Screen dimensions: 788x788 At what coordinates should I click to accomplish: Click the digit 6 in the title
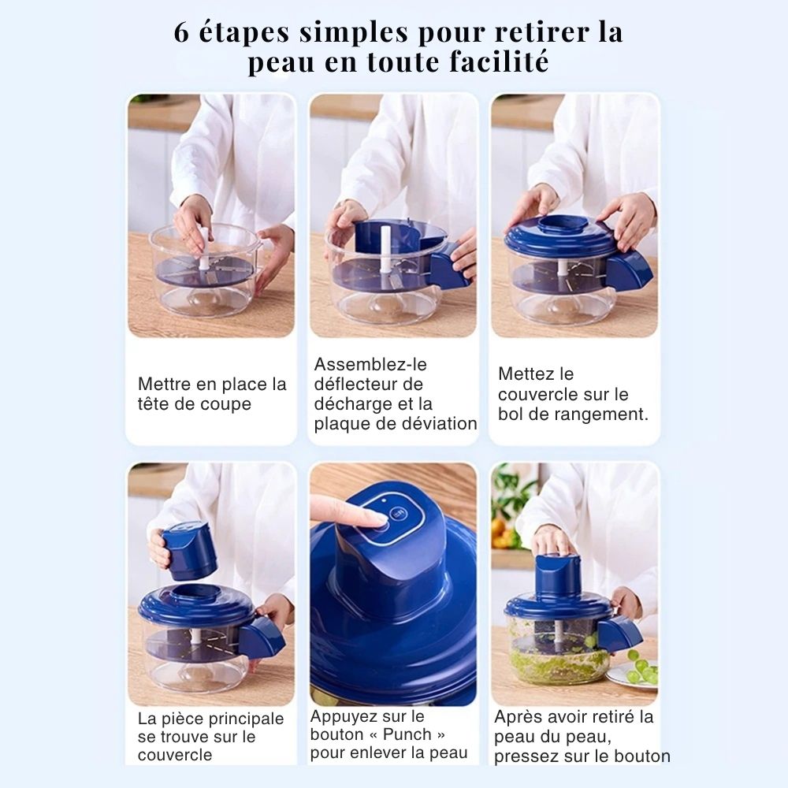coord(182,33)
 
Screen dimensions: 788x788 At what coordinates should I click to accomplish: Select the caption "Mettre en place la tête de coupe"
coord(211,394)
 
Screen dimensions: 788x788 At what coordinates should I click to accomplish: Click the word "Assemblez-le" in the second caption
coord(370,365)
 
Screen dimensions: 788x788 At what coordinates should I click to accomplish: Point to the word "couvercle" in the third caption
coord(538,394)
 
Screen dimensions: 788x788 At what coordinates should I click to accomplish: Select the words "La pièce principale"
coord(210,719)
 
